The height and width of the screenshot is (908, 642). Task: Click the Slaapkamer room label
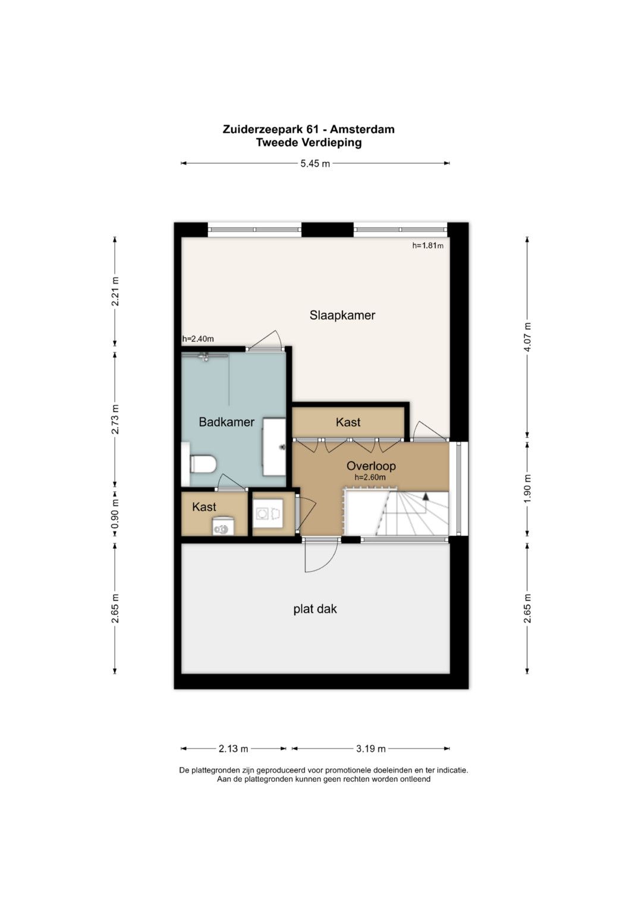coord(342,315)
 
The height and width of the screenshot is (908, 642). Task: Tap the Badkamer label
coord(226,422)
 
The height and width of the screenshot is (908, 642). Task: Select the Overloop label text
coord(371,466)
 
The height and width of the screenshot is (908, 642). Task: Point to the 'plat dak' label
coord(315,609)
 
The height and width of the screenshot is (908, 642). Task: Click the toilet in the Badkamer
coord(203,464)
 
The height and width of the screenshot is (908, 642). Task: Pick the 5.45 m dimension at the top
coord(315,164)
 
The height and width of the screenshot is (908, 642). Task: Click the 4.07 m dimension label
coord(527,338)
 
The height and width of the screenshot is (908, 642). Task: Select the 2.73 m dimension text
coord(115,419)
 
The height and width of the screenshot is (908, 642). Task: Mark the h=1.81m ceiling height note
coord(427,245)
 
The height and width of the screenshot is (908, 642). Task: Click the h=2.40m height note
coord(198,339)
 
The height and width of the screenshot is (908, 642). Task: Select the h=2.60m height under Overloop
coord(370,477)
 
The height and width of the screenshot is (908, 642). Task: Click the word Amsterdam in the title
coord(361,129)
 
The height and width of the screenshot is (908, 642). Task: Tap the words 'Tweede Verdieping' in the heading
coord(309,143)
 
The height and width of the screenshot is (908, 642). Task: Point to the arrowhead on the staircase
coord(426,495)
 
